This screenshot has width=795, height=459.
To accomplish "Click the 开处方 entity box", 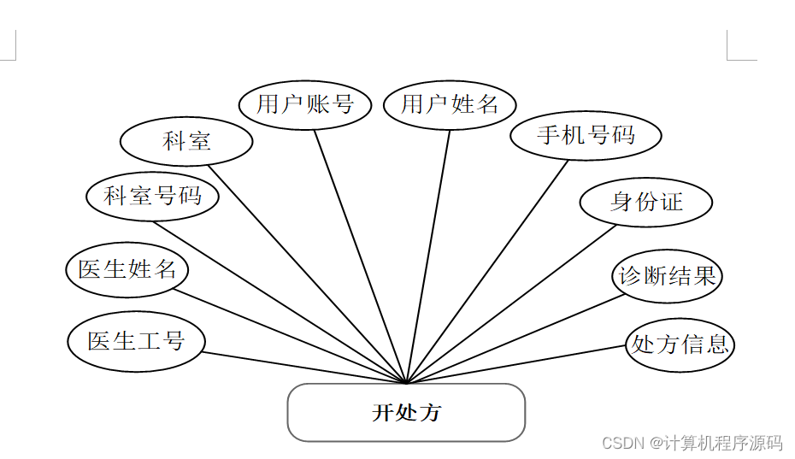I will tap(406, 413).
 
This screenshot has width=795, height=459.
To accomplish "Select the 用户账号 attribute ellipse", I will tap(305, 104).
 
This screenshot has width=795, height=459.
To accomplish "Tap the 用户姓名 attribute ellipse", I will tap(450, 105).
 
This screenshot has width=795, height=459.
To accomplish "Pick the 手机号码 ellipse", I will tap(586, 135).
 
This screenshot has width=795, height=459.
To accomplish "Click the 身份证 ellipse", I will tap(646, 203).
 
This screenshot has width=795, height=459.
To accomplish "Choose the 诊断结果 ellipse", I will tap(668, 276).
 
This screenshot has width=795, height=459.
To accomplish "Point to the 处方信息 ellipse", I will tap(680, 344).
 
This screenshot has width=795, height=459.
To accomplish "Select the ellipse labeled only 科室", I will tap(186, 142).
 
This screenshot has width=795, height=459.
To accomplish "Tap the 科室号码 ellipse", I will tap(152, 197).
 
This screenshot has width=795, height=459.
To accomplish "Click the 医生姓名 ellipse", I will tap(127, 269).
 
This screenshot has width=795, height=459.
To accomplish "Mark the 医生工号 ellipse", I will tap(137, 341).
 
